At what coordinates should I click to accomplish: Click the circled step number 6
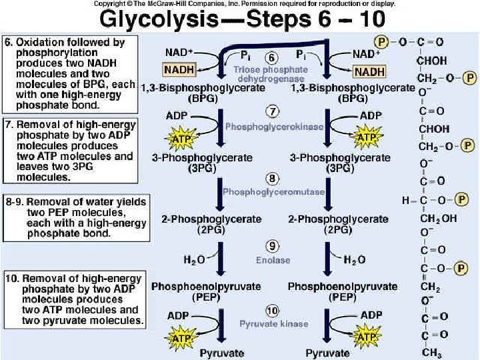[x=272, y=57]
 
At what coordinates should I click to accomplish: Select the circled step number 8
[x=272, y=179]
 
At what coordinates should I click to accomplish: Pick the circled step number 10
[x=272, y=311]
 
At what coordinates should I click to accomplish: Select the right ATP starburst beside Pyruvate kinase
[x=367, y=339]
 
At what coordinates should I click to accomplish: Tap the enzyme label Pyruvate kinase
[x=274, y=323]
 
